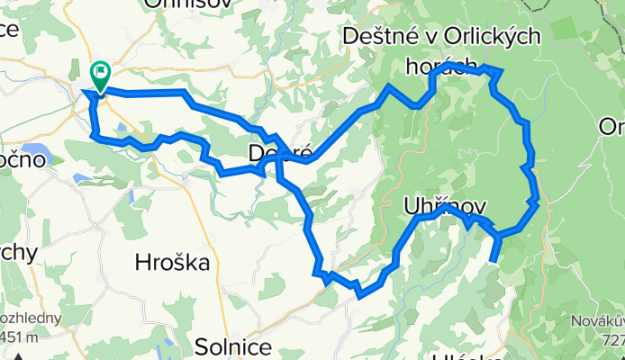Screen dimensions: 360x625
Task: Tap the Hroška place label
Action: click(171, 264)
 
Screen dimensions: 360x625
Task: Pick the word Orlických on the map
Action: click(486, 37)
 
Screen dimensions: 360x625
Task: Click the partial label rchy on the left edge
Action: click(17, 253)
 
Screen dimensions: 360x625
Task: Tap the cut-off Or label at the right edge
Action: click(612, 128)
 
